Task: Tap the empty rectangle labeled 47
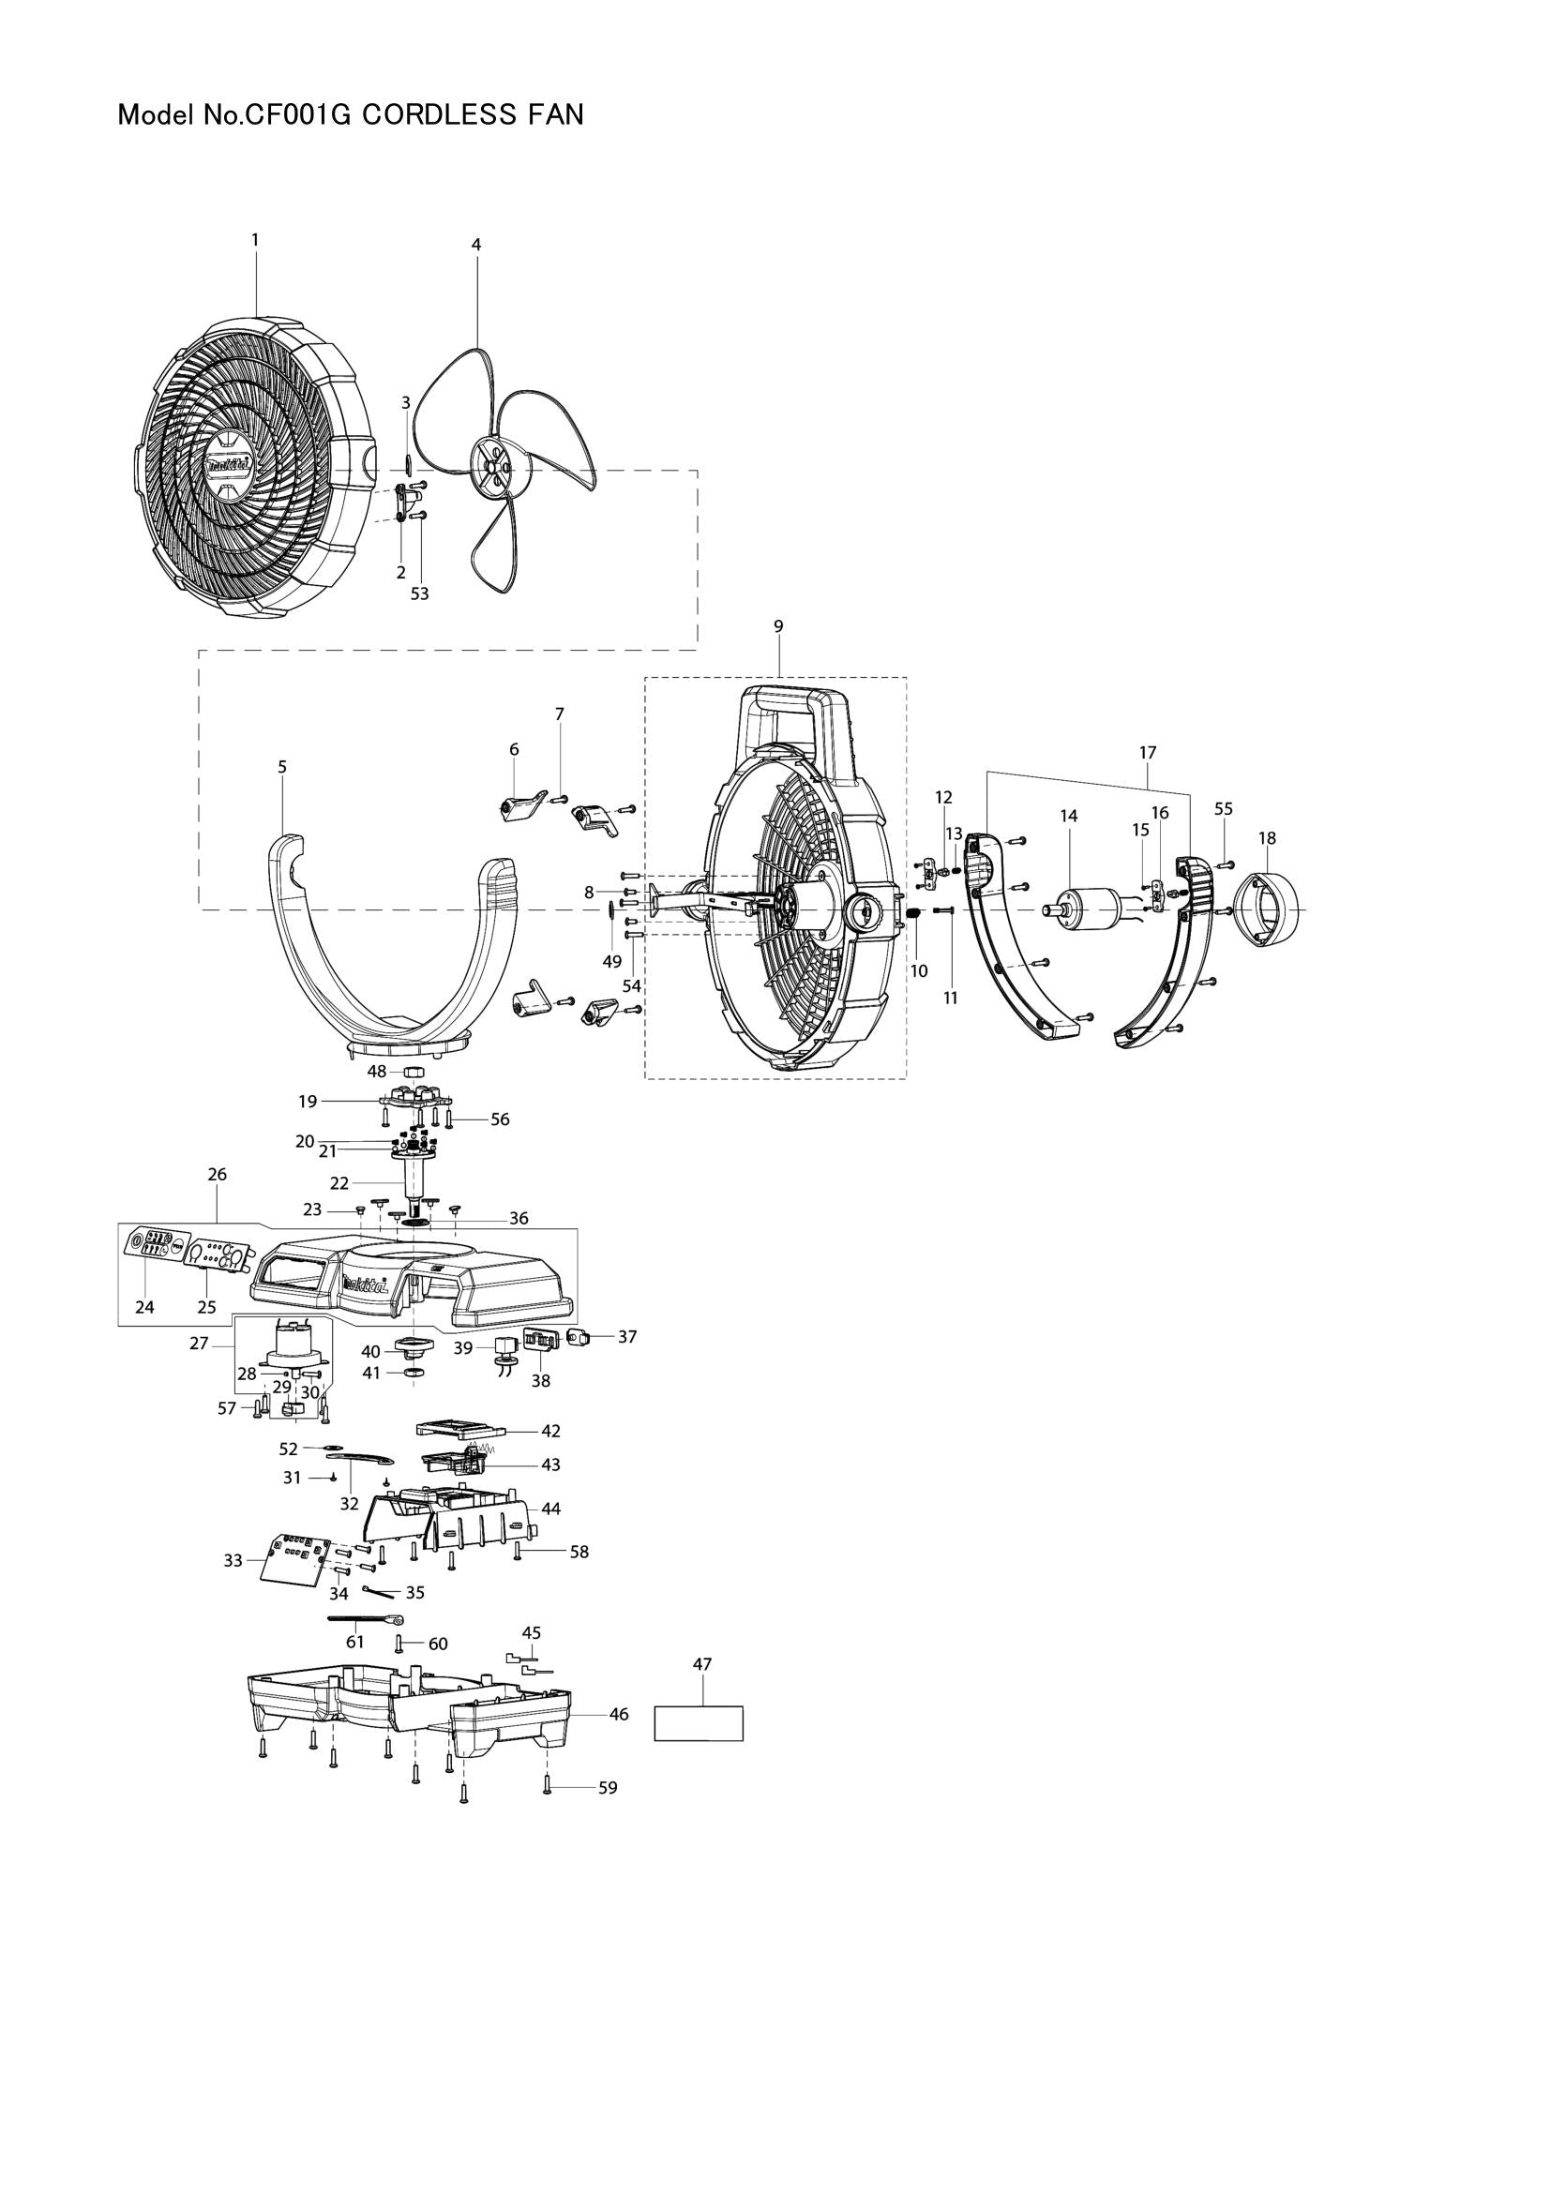[699, 1724]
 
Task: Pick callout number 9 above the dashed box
[778, 625]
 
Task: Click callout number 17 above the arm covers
[1147, 753]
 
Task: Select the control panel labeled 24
[151, 1244]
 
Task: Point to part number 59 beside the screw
[608, 1788]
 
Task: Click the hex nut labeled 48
[414, 1072]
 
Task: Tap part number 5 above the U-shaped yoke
[281, 767]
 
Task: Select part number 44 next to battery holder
[551, 1510]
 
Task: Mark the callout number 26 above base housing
[217, 1174]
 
